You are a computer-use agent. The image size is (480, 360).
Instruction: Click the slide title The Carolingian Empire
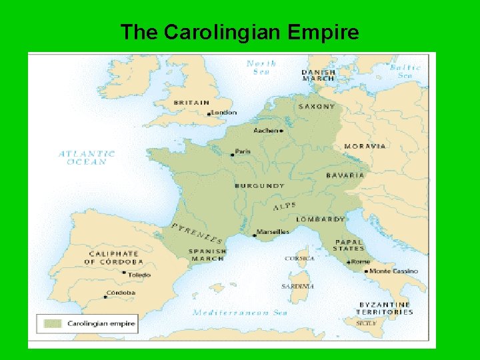239,32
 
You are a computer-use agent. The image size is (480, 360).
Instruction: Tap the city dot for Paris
232,155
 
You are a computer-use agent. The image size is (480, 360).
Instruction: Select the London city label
224,113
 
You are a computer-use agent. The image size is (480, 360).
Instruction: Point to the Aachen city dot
281,131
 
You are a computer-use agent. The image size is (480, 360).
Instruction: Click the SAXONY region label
317,107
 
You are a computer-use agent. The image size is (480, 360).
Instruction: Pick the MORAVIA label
365,146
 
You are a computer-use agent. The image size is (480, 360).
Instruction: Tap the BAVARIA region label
345,175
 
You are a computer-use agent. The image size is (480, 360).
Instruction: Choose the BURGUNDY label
259,186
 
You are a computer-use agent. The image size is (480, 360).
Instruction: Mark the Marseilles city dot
255,235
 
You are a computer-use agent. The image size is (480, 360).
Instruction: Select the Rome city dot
348,263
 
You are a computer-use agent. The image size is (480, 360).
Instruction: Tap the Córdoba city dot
107,295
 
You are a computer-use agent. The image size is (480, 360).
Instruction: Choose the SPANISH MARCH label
208,255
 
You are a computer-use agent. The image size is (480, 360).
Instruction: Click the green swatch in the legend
53,324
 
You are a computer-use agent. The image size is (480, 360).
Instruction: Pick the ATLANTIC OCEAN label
87,158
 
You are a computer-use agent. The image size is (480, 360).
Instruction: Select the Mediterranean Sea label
240,312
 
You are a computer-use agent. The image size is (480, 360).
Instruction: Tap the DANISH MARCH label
318,75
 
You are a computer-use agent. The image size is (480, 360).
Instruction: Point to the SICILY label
366,323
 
